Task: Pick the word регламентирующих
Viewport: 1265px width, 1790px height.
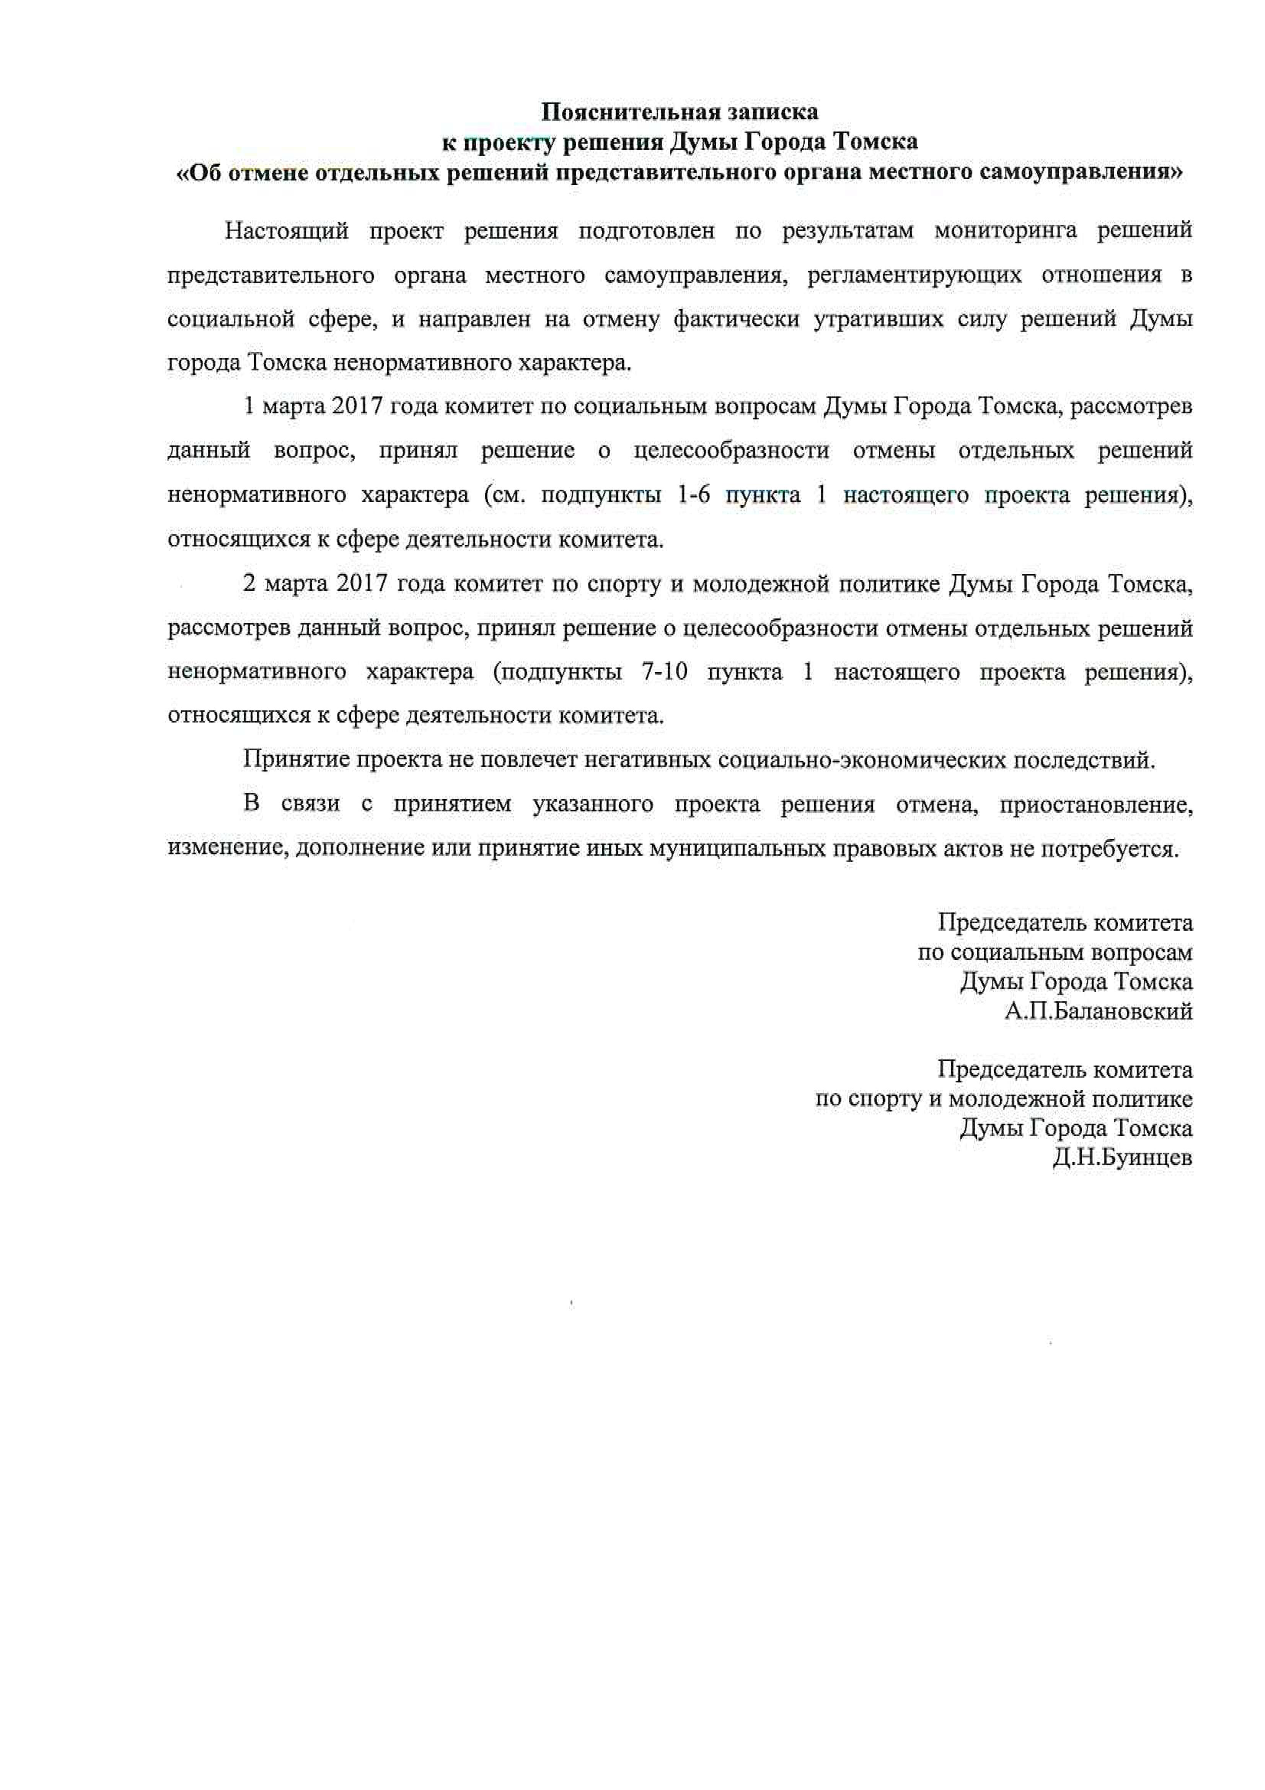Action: click(x=914, y=275)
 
